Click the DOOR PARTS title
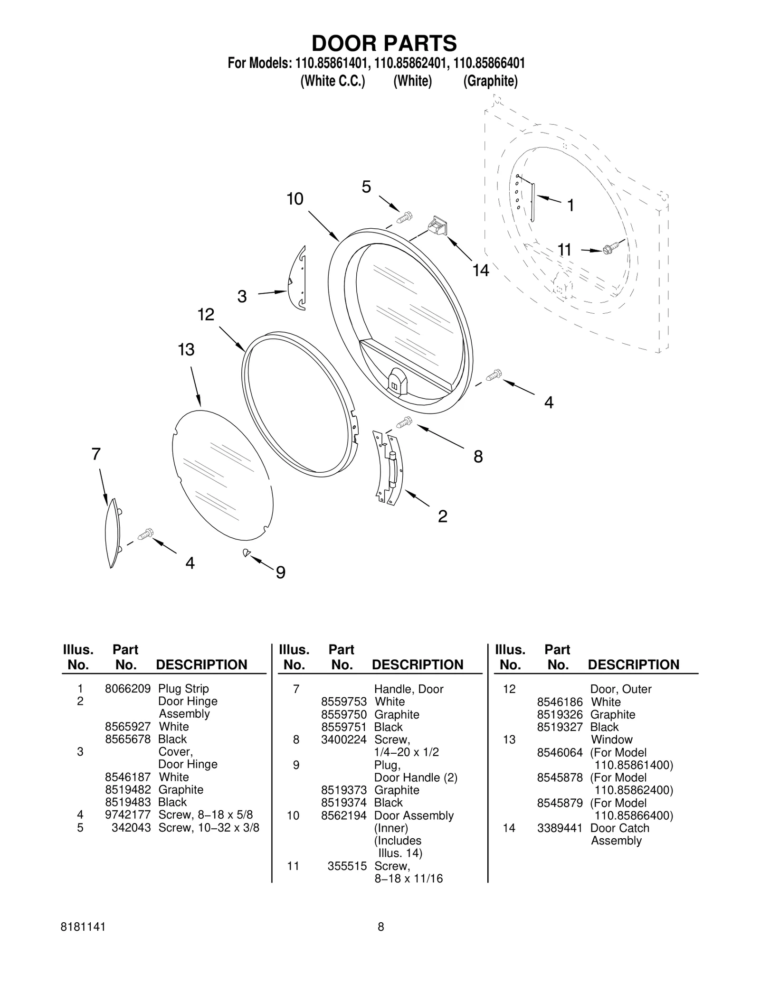[x=384, y=43]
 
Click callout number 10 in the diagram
[x=294, y=199]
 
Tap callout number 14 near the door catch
[x=480, y=270]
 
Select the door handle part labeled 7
[x=112, y=533]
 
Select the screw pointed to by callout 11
[x=611, y=248]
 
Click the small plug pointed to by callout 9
[x=246, y=552]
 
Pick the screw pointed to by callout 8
[x=404, y=421]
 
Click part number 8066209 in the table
[x=127, y=688]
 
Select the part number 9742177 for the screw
[x=127, y=814]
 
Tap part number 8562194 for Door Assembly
[x=343, y=815]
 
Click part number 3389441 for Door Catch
[x=559, y=828]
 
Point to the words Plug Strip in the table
[x=183, y=688]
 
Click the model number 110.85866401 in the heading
[x=489, y=63]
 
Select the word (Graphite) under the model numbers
[x=490, y=81]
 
